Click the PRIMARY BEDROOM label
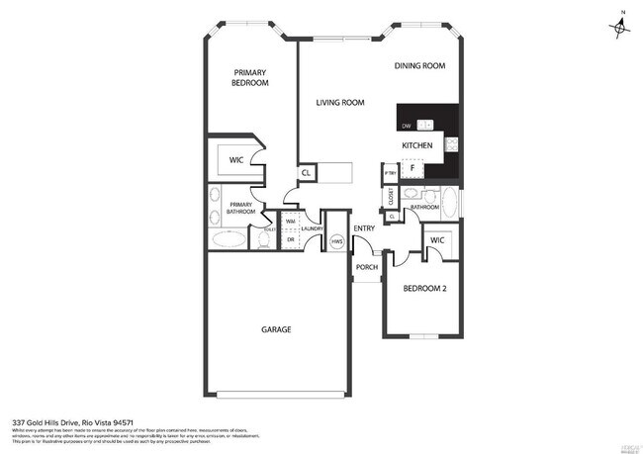pos(250,78)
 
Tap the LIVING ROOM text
pos(340,103)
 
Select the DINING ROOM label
pos(419,66)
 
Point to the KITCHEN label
pos(416,146)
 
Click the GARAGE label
pos(276,329)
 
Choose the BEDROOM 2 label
pos(423,289)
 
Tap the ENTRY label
pos(364,229)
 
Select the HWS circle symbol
pos(336,241)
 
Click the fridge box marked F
pos(412,169)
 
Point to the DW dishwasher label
pos(407,126)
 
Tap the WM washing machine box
pos(291,222)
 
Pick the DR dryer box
pos(291,239)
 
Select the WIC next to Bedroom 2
pos(437,240)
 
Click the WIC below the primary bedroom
pos(236,158)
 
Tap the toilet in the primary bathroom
pos(262,237)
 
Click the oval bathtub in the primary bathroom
pos(230,239)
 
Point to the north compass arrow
pos(620,27)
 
